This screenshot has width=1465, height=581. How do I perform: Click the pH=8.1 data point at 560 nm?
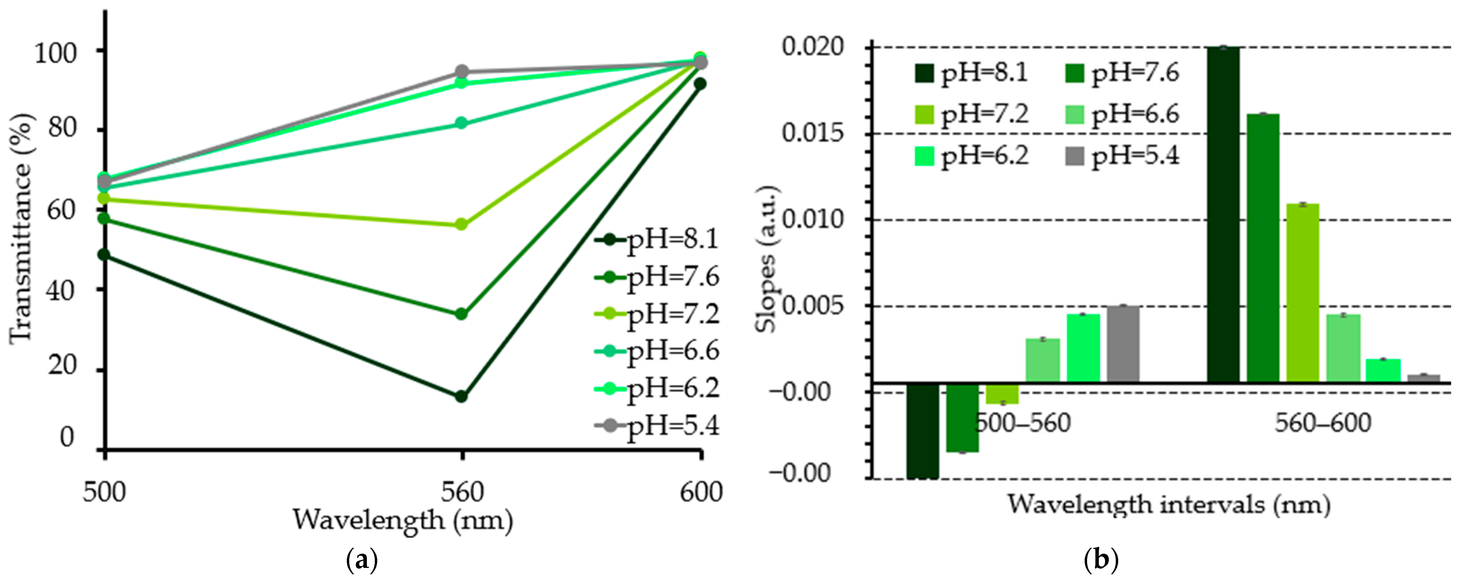(461, 396)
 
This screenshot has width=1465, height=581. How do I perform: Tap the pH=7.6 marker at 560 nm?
(461, 314)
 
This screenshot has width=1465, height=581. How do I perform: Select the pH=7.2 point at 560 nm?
(461, 225)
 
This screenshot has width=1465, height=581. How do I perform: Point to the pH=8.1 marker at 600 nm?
(700, 84)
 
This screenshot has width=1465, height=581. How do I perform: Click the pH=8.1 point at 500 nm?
(104, 255)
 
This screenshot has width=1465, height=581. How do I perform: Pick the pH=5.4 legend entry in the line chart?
(657, 425)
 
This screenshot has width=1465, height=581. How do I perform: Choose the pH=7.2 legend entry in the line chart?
(657, 314)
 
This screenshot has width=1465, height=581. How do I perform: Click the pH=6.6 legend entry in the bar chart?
(1122, 115)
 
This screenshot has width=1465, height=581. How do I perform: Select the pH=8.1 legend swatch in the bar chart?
(924, 73)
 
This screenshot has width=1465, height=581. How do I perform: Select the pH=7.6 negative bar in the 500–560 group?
(962, 418)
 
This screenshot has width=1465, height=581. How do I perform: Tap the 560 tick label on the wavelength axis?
(462, 492)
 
